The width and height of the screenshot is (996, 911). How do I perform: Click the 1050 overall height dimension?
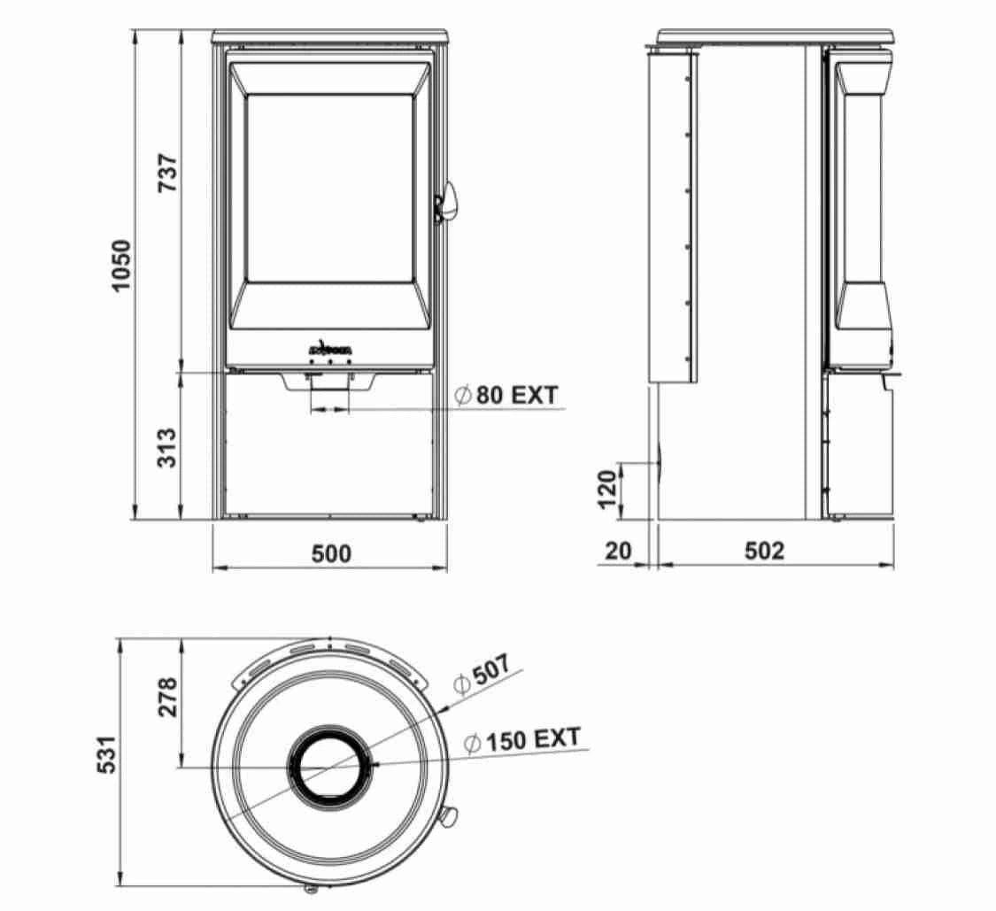(x=121, y=265)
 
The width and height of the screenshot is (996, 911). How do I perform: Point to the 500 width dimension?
(x=331, y=553)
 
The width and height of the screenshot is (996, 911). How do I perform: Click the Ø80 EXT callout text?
(x=506, y=395)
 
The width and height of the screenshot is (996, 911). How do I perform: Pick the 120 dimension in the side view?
(x=606, y=490)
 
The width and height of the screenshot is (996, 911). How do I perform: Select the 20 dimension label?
(x=619, y=551)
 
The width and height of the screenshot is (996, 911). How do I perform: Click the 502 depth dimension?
(x=764, y=551)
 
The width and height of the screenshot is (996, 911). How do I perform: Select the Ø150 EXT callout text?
(x=522, y=740)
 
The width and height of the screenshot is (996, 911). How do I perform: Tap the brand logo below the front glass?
(x=330, y=350)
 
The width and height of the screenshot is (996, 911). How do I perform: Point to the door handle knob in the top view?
(x=448, y=815)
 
